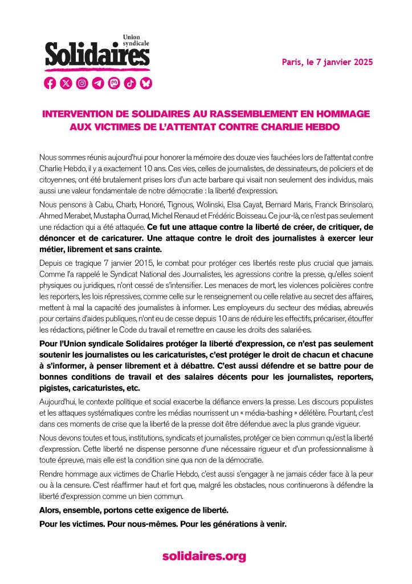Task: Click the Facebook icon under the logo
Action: click(50, 83)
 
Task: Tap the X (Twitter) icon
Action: click(66, 83)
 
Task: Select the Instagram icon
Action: click(82, 83)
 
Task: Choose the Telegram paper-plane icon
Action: click(98, 83)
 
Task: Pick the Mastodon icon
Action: click(114, 83)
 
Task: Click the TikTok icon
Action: click(130, 83)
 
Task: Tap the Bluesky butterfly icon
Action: click(146, 83)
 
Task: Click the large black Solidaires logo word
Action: click(97, 56)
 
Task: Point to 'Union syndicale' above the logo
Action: click(136, 40)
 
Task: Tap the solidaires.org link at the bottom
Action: click(204, 556)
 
